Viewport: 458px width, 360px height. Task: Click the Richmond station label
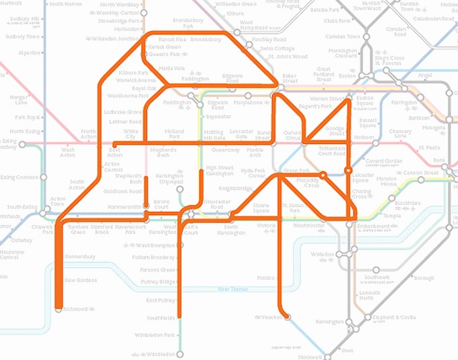coord(76,309)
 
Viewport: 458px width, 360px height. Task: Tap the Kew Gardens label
coord(81,280)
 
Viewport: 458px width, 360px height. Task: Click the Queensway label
coord(226,150)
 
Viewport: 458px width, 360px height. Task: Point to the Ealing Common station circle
coord(43,177)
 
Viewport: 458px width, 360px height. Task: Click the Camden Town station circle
coord(367,36)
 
